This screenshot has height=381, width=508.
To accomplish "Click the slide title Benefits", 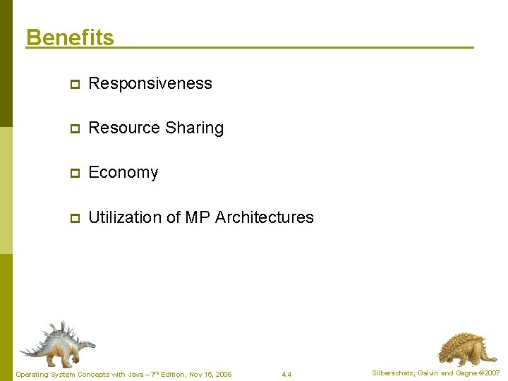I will pos(70,37).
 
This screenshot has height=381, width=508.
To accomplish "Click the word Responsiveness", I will pos(150,83).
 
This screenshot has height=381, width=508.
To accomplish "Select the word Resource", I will pos(124,128).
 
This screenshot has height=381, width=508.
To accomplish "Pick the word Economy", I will pos(123,173).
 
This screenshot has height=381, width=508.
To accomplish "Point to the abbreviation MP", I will pos(197,217).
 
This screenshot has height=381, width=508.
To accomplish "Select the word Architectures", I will pos(264,217).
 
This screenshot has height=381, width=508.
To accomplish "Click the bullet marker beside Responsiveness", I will pos(73,84).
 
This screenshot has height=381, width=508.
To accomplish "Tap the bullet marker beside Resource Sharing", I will pos(73,128).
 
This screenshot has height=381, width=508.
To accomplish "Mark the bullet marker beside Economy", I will pos(73,173).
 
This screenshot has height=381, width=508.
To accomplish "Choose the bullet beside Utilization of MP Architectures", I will pos(73,218).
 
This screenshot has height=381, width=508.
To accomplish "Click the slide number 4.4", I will pos(286,374).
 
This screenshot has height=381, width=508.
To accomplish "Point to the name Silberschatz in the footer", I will pos(394,373).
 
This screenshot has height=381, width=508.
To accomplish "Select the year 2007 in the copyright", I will pos(492,373).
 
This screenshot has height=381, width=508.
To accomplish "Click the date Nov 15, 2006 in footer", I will pos(210,374).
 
